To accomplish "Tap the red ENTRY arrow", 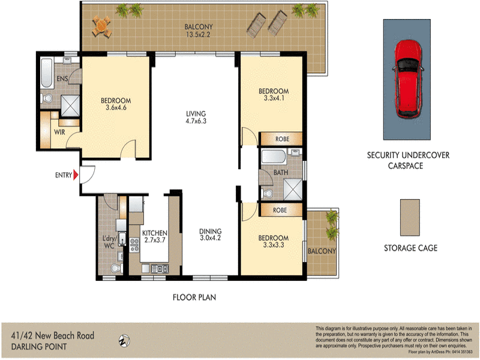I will click(76, 175).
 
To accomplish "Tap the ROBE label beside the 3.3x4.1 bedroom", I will click(281, 139).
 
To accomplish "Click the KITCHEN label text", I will click(154, 233).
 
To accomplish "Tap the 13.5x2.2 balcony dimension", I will click(199, 34).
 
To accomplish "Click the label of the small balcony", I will click(322, 251).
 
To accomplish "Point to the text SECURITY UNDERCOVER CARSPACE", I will click(408, 160).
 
